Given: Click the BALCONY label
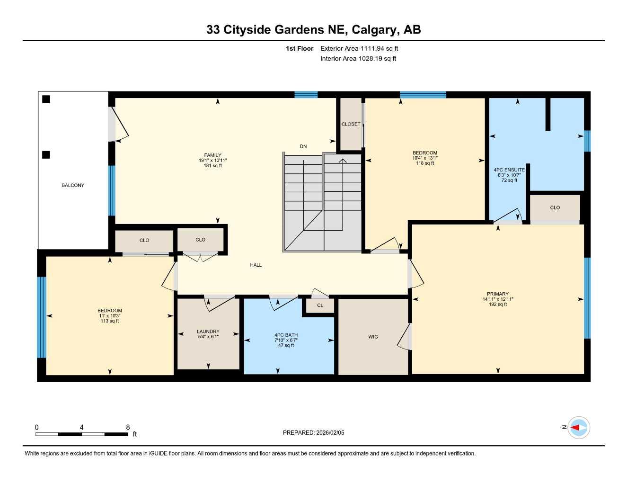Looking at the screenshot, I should click(x=73, y=185).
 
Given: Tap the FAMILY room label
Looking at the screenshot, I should click(x=213, y=155).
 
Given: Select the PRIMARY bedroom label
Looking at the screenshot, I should click(x=498, y=294).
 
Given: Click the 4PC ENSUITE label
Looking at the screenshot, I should click(x=509, y=170).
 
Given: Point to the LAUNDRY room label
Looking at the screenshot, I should click(x=208, y=332).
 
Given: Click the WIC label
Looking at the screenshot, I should click(x=373, y=337).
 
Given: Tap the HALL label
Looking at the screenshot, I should click(x=256, y=265).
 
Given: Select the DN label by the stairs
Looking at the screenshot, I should click(x=303, y=146).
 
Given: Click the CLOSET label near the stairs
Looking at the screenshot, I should click(x=351, y=124).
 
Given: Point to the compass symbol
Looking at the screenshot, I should click(x=578, y=427).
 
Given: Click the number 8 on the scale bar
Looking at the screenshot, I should click(x=128, y=427).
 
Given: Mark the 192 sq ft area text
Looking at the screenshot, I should click(x=498, y=305).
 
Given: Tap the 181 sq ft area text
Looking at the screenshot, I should click(x=213, y=166).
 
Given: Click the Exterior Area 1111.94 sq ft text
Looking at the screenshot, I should click(x=359, y=48).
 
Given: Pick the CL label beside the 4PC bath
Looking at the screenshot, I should click(x=320, y=305).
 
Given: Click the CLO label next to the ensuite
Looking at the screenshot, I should click(x=555, y=207).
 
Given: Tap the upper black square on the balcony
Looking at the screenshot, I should click(x=46, y=99).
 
